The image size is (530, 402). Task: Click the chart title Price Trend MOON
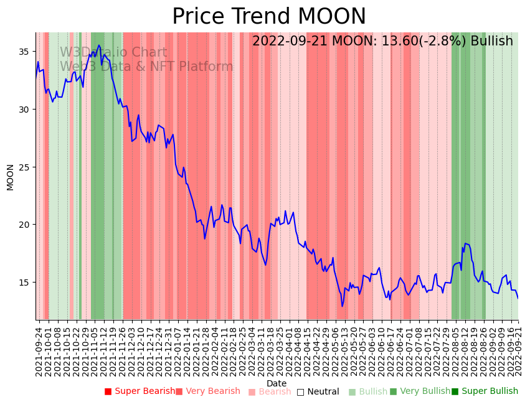click(269, 17)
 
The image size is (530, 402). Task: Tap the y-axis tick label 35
click(25, 52)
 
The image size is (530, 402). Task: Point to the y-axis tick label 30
click(25, 110)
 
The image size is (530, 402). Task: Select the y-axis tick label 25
click(25, 167)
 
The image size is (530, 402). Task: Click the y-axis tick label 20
click(25, 225)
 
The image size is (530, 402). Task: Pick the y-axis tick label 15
click(25, 283)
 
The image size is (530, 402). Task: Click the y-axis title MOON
click(11, 177)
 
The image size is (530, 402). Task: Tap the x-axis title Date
click(277, 384)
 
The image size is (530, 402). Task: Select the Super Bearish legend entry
click(140, 391)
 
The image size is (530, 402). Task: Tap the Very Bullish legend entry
click(420, 391)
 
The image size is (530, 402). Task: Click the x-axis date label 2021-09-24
click(39, 351)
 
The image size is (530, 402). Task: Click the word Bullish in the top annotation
click(491, 41)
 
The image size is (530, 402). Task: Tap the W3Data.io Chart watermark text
click(113, 53)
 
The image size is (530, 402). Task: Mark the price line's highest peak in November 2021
click(98, 45)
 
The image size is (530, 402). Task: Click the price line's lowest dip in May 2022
click(342, 306)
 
